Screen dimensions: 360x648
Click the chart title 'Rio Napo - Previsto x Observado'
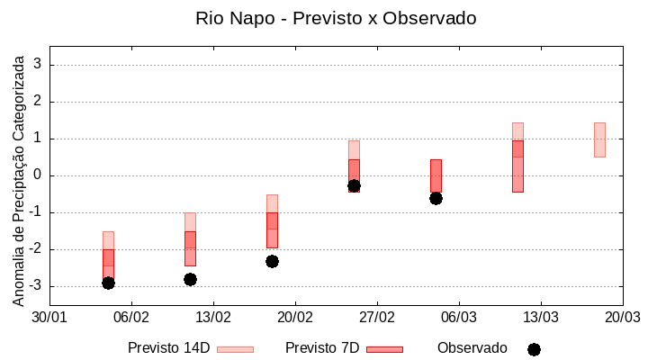(x=336, y=18)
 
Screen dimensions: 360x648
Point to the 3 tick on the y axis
(x=38, y=65)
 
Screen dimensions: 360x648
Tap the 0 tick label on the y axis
(x=38, y=175)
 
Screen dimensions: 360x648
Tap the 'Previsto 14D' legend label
(x=168, y=348)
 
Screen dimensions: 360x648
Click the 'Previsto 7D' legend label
(x=322, y=348)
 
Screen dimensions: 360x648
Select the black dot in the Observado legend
(x=534, y=349)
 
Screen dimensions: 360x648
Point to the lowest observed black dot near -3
(x=108, y=283)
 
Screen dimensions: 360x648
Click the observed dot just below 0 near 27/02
(x=354, y=185)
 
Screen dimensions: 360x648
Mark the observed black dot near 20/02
(x=272, y=261)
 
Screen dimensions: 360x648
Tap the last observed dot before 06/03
(x=436, y=198)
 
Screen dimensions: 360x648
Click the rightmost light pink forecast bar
(x=599, y=139)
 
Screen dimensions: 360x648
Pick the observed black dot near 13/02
(x=190, y=279)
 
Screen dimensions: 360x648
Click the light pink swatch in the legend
(x=235, y=349)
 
